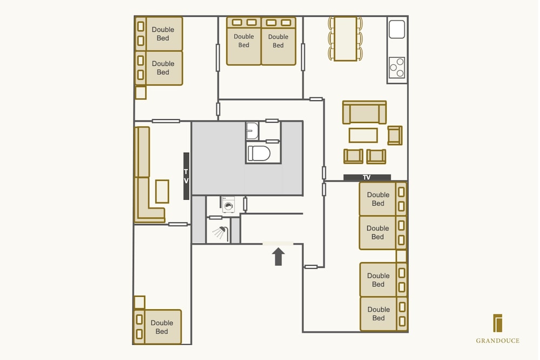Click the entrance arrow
coord(278,256)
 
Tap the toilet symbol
coord(259,153)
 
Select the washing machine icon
coord(228,205)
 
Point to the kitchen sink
coord(397,29)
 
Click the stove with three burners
coord(397,68)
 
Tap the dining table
coord(345,38)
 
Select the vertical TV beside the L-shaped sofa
coord(186,176)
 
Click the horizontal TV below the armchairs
coord(367,178)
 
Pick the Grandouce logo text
coord(498,341)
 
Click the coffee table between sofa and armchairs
coord(363,135)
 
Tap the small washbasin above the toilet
coord(252,131)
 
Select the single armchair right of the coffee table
coord(395,135)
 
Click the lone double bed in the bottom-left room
coord(157,327)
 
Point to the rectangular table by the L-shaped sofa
coord(162,192)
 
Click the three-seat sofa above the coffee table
coord(364,112)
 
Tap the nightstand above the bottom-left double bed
coord(139,302)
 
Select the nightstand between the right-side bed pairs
coord(401,256)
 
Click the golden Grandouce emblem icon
coord(498,323)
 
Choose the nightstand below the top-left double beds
coord(140,93)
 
